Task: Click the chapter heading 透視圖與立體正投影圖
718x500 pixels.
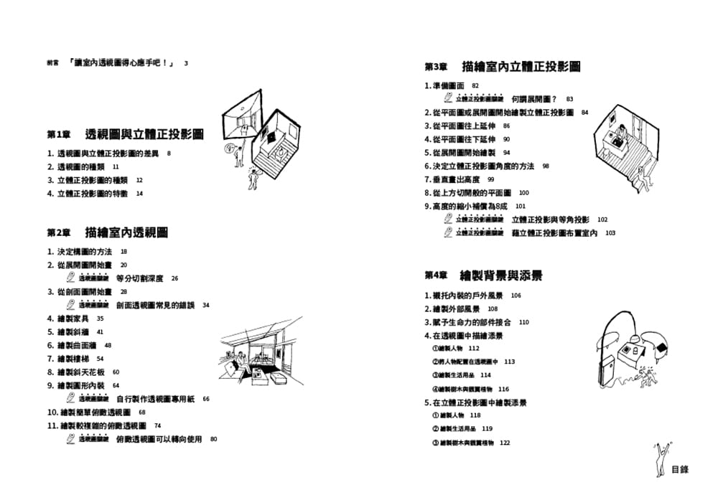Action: click(144, 134)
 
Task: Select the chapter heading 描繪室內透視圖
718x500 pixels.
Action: click(126, 233)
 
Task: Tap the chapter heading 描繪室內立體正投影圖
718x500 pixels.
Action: click(521, 67)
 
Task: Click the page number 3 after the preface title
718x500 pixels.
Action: click(186, 63)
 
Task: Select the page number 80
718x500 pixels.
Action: click(213, 439)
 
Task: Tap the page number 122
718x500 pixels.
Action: click(504, 443)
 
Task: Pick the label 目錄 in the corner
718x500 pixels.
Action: click(680, 470)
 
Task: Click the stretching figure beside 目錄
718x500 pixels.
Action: click(661, 460)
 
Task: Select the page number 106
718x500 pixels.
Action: click(516, 296)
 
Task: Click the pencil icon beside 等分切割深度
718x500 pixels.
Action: click(70, 278)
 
